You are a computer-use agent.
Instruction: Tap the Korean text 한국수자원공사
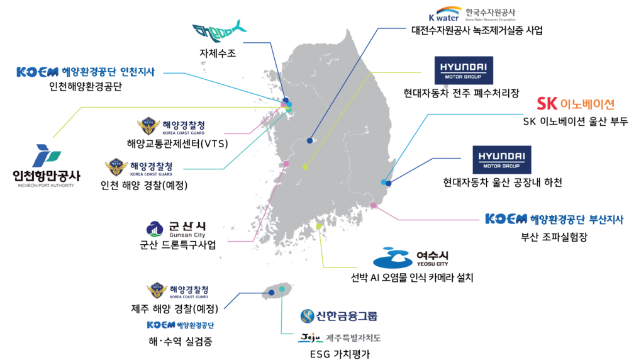(x=490, y=11)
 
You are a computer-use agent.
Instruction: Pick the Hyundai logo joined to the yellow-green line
(x=464, y=70)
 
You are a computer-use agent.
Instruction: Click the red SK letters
(x=547, y=104)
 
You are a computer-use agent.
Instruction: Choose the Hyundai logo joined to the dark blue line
(x=501, y=159)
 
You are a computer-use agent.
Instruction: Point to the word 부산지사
(x=605, y=219)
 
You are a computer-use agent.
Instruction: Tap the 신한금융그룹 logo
(x=339, y=316)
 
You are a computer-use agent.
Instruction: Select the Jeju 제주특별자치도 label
(x=339, y=337)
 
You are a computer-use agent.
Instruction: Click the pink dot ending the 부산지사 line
(x=374, y=205)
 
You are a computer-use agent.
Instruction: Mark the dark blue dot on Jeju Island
(x=271, y=293)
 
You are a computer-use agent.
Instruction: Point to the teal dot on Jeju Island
(x=282, y=290)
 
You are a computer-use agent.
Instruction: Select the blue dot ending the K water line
(x=309, y=140)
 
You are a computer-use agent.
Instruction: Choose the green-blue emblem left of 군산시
(x=155, y=229)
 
